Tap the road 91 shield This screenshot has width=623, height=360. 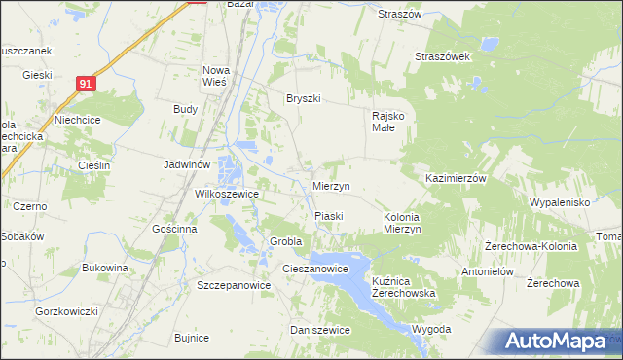[x=87, y=85]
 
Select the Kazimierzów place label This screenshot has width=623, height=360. [x=456, y=179]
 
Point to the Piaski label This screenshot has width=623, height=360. [x=328, y=215]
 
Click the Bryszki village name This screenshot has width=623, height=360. [x=303, y=98]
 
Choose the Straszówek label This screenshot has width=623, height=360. [x=443, y=56]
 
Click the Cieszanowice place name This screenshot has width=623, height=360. [x=315, y=269]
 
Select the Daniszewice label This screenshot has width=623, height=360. [x=320, y=330]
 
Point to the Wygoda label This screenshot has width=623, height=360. [x=431, y=329]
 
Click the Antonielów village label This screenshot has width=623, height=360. [x=487, y=271]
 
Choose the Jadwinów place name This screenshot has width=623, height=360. [x=187, y=165]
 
